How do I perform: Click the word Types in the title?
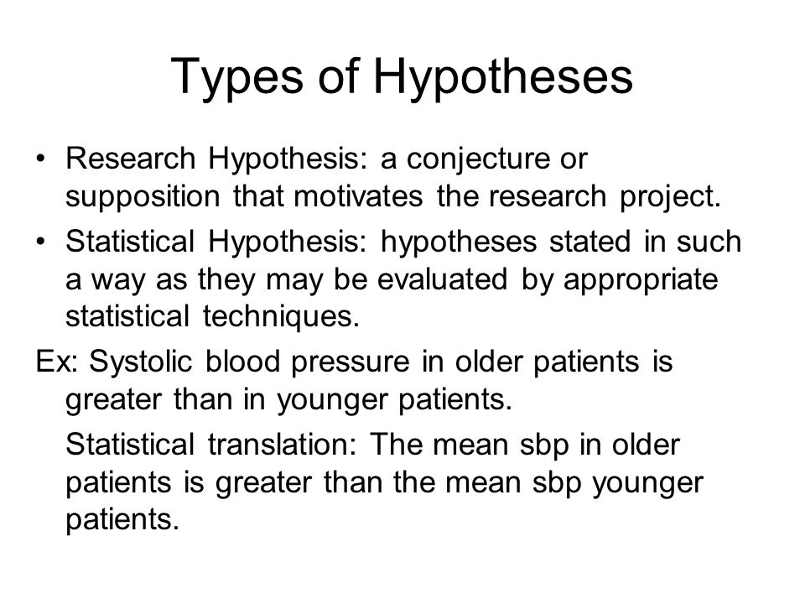236,77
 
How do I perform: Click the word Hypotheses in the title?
502,77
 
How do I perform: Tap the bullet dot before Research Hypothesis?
40,158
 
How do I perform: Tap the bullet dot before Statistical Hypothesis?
40,241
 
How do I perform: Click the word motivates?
359,196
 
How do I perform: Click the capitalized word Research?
131,159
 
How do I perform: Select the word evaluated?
442,279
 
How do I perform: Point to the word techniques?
281,317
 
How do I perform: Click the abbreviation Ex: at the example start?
56,362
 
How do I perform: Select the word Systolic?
140,362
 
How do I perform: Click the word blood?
242,362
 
